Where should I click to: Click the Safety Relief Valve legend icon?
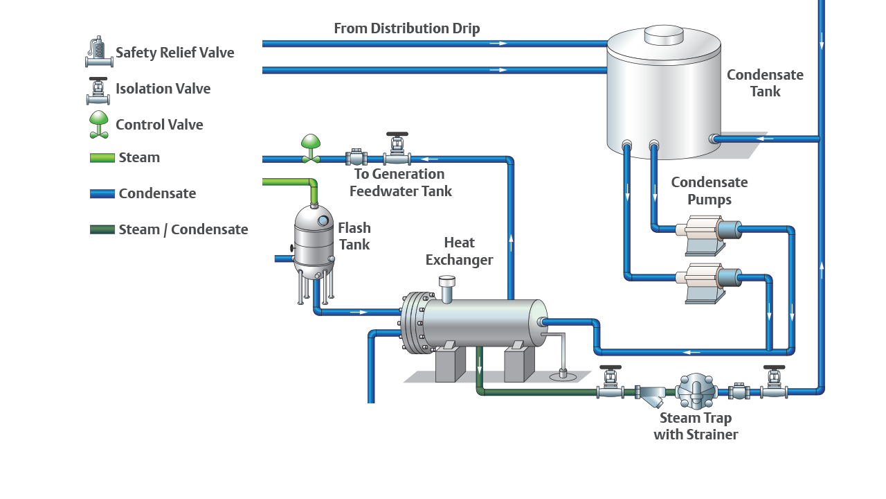(x=99, y=53)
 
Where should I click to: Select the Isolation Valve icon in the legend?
(x=100, y=89)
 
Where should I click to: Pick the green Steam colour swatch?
(x=102, y=158)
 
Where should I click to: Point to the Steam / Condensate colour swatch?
(x=102, y=229)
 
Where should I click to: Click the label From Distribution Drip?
(x=406, y=28)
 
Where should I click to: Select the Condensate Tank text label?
(x=765, y=83)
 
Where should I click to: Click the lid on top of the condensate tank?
(x=664, y=35)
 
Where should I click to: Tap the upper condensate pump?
(x=707, y=231)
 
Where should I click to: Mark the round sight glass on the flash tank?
(x=323, y=220)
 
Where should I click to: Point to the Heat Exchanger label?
(x=459, y=251)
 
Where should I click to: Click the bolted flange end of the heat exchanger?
(x=413, y=323)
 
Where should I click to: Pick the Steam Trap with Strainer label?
(x=696, y=426)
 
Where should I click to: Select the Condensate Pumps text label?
(x=709, y=191)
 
